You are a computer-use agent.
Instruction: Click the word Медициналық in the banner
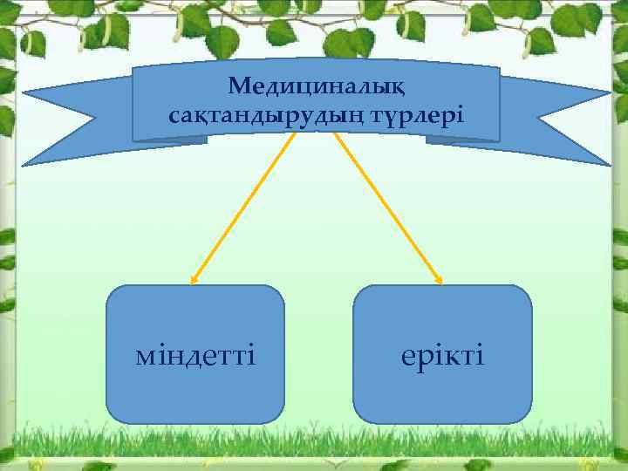pos(315,87)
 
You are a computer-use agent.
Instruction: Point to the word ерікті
pos(442,356)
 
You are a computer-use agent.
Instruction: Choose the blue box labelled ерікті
pos(442,392)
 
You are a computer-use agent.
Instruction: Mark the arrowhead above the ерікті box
pos(439,280)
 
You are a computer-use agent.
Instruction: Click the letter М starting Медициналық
pos(239,87)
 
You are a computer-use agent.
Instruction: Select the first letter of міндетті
pos(146,357)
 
